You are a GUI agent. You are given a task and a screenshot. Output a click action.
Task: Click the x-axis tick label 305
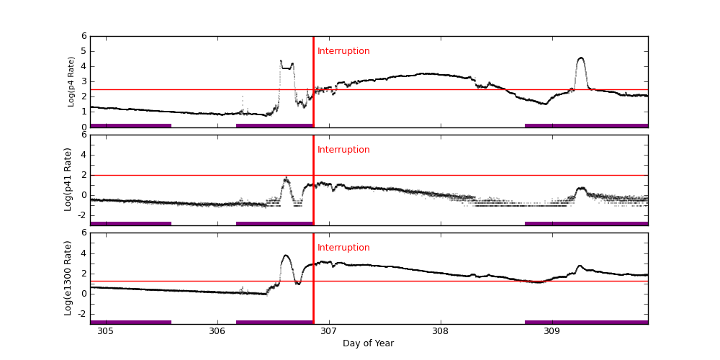click(x=105, y=331)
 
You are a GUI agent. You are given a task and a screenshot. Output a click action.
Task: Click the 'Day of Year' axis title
click(x=368, y=343)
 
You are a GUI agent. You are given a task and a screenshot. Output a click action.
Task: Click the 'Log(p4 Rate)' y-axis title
click(x=71, y=81)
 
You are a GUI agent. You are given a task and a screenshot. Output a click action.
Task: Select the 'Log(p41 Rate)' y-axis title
click(x=68, y=179)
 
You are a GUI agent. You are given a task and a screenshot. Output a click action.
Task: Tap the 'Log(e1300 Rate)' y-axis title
click(x=68, y=278)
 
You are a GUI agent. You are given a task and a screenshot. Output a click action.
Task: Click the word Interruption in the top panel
click(x=343, y=51)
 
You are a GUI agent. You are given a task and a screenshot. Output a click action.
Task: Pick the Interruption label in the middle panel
click(x=343, y=150)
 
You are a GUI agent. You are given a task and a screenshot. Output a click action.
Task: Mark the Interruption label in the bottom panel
click(x=343, y=248)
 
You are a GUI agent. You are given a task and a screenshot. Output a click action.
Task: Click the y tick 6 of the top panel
click(x=84, y=36)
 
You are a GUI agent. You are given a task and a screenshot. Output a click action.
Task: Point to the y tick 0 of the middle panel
click(x=84, y=195)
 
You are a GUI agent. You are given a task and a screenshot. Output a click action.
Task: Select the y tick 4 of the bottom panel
click(x=84, y=253)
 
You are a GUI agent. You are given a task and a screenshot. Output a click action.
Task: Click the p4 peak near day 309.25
click(x=580, y=58)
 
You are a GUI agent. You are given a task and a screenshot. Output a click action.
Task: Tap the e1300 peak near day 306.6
click(x=286, y=256)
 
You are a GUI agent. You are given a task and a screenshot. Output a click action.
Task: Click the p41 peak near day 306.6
click(x=286, y=179)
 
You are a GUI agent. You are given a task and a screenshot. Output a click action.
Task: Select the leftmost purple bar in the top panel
click(x=130, y=125)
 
